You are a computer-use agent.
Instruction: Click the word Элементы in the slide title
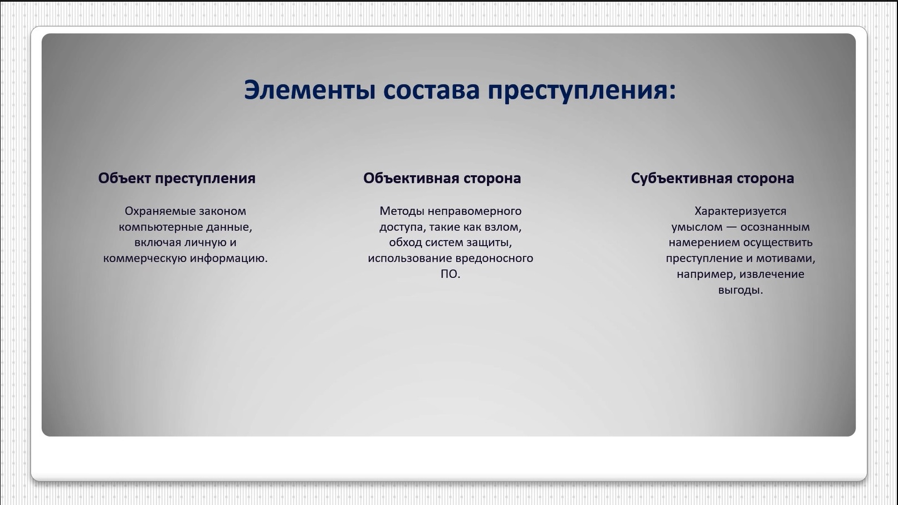tap(310, 90)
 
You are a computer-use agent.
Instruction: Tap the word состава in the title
tap(431, 90)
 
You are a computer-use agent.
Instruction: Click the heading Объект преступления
tap(177, 178)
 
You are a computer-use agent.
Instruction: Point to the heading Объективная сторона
tap(442, 178)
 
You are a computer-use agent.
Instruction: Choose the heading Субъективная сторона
tap(712, 178)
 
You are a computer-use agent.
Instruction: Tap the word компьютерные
tap(160, 227)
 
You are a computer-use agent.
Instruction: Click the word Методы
tap(402, 211)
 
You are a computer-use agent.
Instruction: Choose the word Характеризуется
tap(740, 211)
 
